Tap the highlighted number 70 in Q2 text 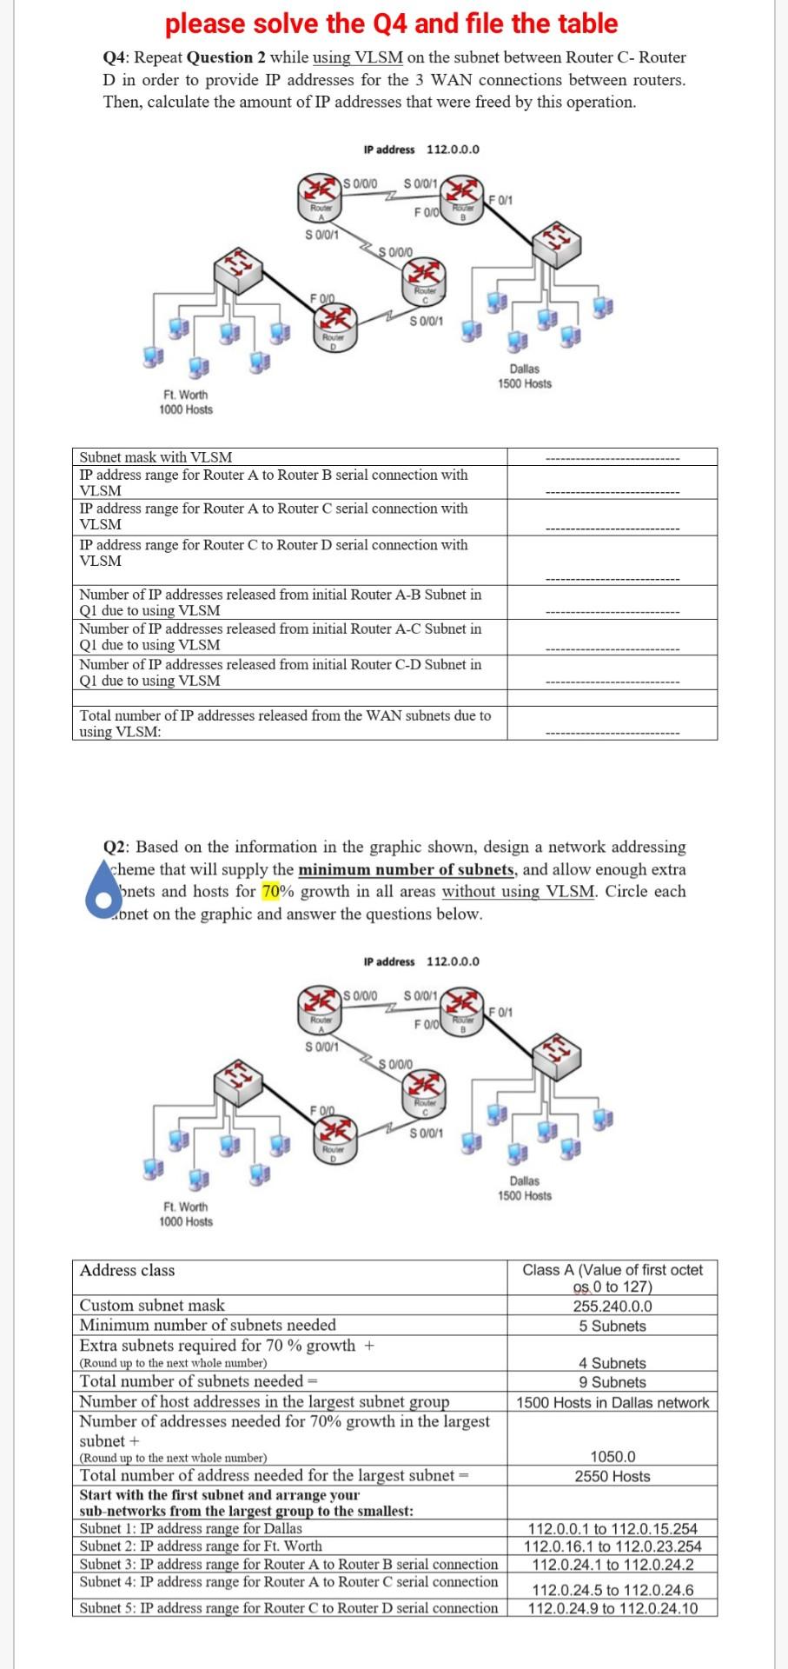(272, 891)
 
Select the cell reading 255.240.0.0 (613, 1306)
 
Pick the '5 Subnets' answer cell (613, 1326)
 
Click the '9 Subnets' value (613, 1382)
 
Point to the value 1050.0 (613, 1456)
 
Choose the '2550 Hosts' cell (613, 1476)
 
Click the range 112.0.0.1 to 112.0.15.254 (613, 1528)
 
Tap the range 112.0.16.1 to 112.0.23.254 (613, 1546)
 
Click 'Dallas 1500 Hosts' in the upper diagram (524, 376)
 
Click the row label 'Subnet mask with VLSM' (156, 457)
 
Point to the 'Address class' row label (127, 1270)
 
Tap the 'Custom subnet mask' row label (152, 1305)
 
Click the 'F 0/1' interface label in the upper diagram (502, 200)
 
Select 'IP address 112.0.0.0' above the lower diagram (421, 961)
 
